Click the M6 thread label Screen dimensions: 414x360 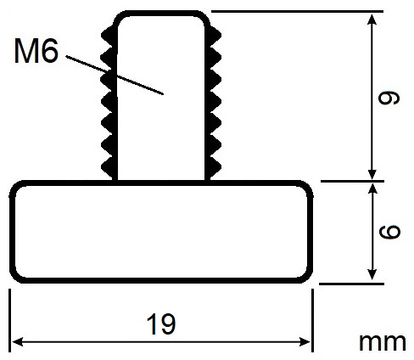pos(36,51)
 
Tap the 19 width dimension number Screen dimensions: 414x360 pos(161,323)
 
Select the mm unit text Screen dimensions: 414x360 pos(383,342)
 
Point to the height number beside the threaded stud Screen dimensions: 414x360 pos(389,98)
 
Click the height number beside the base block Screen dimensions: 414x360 pos(389,232)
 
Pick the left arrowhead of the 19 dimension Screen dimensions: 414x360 pos(18,342)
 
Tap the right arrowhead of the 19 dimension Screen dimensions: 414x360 pos(305,342)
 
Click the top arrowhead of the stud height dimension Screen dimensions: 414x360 pos(372,20)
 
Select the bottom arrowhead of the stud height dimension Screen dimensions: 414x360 pos(372,173)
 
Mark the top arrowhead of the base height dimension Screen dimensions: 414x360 pos(372,189)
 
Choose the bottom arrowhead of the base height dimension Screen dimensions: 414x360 pos(372,274)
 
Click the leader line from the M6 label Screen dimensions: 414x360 pos(115,75)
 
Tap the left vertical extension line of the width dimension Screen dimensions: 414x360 pos(10,320)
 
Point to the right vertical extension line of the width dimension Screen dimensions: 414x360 pos(312,320)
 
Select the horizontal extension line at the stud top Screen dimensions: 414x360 pos(297,12)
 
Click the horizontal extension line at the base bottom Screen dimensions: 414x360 pos(351,284)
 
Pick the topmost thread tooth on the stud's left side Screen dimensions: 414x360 pos(108,36)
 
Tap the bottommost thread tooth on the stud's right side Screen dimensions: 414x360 pos(214,167)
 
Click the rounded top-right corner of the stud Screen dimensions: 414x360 pos(204,18)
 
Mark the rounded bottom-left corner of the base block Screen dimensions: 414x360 pos(15,277)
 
